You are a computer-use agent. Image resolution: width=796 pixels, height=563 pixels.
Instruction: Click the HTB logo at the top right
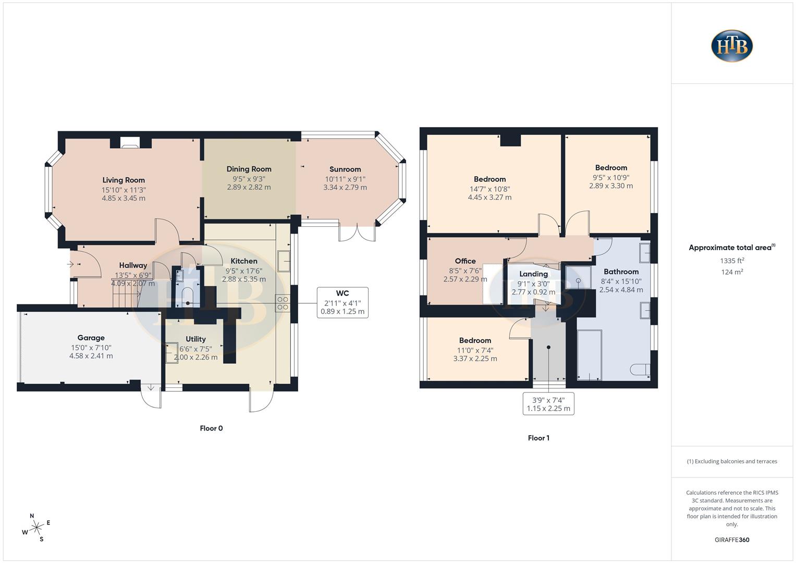click(x=732, y=46)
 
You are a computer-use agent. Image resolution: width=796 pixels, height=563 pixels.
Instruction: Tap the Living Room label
click(x=124, y=180)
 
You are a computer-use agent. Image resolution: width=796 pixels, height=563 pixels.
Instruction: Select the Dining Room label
click(x=249, y=169)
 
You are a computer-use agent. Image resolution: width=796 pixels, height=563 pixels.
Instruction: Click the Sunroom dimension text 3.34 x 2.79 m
click(x=345, y=188)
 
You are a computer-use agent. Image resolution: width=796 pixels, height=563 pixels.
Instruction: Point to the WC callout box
click(x=342, y=302)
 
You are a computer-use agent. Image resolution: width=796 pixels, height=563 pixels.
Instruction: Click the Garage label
click(x=91, y=338)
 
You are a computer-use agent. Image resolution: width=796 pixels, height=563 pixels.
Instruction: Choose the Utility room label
click(x=195, y=339)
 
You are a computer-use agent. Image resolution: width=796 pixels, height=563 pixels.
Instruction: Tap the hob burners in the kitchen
click(x=283, y=303)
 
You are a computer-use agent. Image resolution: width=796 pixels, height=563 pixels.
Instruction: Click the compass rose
click(x=36, y=528)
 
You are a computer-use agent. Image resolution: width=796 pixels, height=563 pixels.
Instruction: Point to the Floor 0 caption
click(x=211, y=429)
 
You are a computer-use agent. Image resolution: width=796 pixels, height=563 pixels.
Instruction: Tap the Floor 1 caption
click(x=538, y=438)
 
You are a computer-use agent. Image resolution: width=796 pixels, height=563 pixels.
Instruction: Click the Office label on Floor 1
click(x=465, y=261)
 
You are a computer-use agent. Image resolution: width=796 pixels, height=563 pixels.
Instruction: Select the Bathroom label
click(x=621, y=272)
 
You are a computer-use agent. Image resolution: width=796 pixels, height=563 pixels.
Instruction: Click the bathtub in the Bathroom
click(x=590, y=354)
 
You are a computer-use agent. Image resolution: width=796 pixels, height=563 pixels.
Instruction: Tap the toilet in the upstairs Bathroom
click(x=640, y=370)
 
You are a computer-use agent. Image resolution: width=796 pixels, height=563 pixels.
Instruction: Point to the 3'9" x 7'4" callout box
click(x=548, y=404)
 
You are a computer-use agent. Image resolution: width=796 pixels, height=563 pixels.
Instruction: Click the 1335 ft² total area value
click(x=732, y=261)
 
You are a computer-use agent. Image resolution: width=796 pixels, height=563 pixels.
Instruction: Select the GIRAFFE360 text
click(x=732, y=540)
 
